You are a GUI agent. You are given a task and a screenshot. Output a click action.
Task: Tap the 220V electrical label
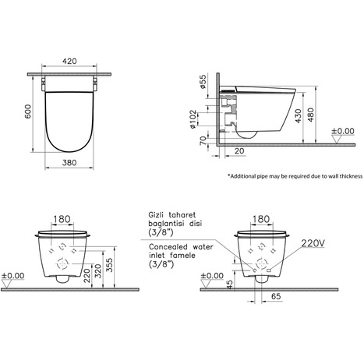pos(313,242)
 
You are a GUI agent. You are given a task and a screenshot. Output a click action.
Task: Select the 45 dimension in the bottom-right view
pos(225,284)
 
